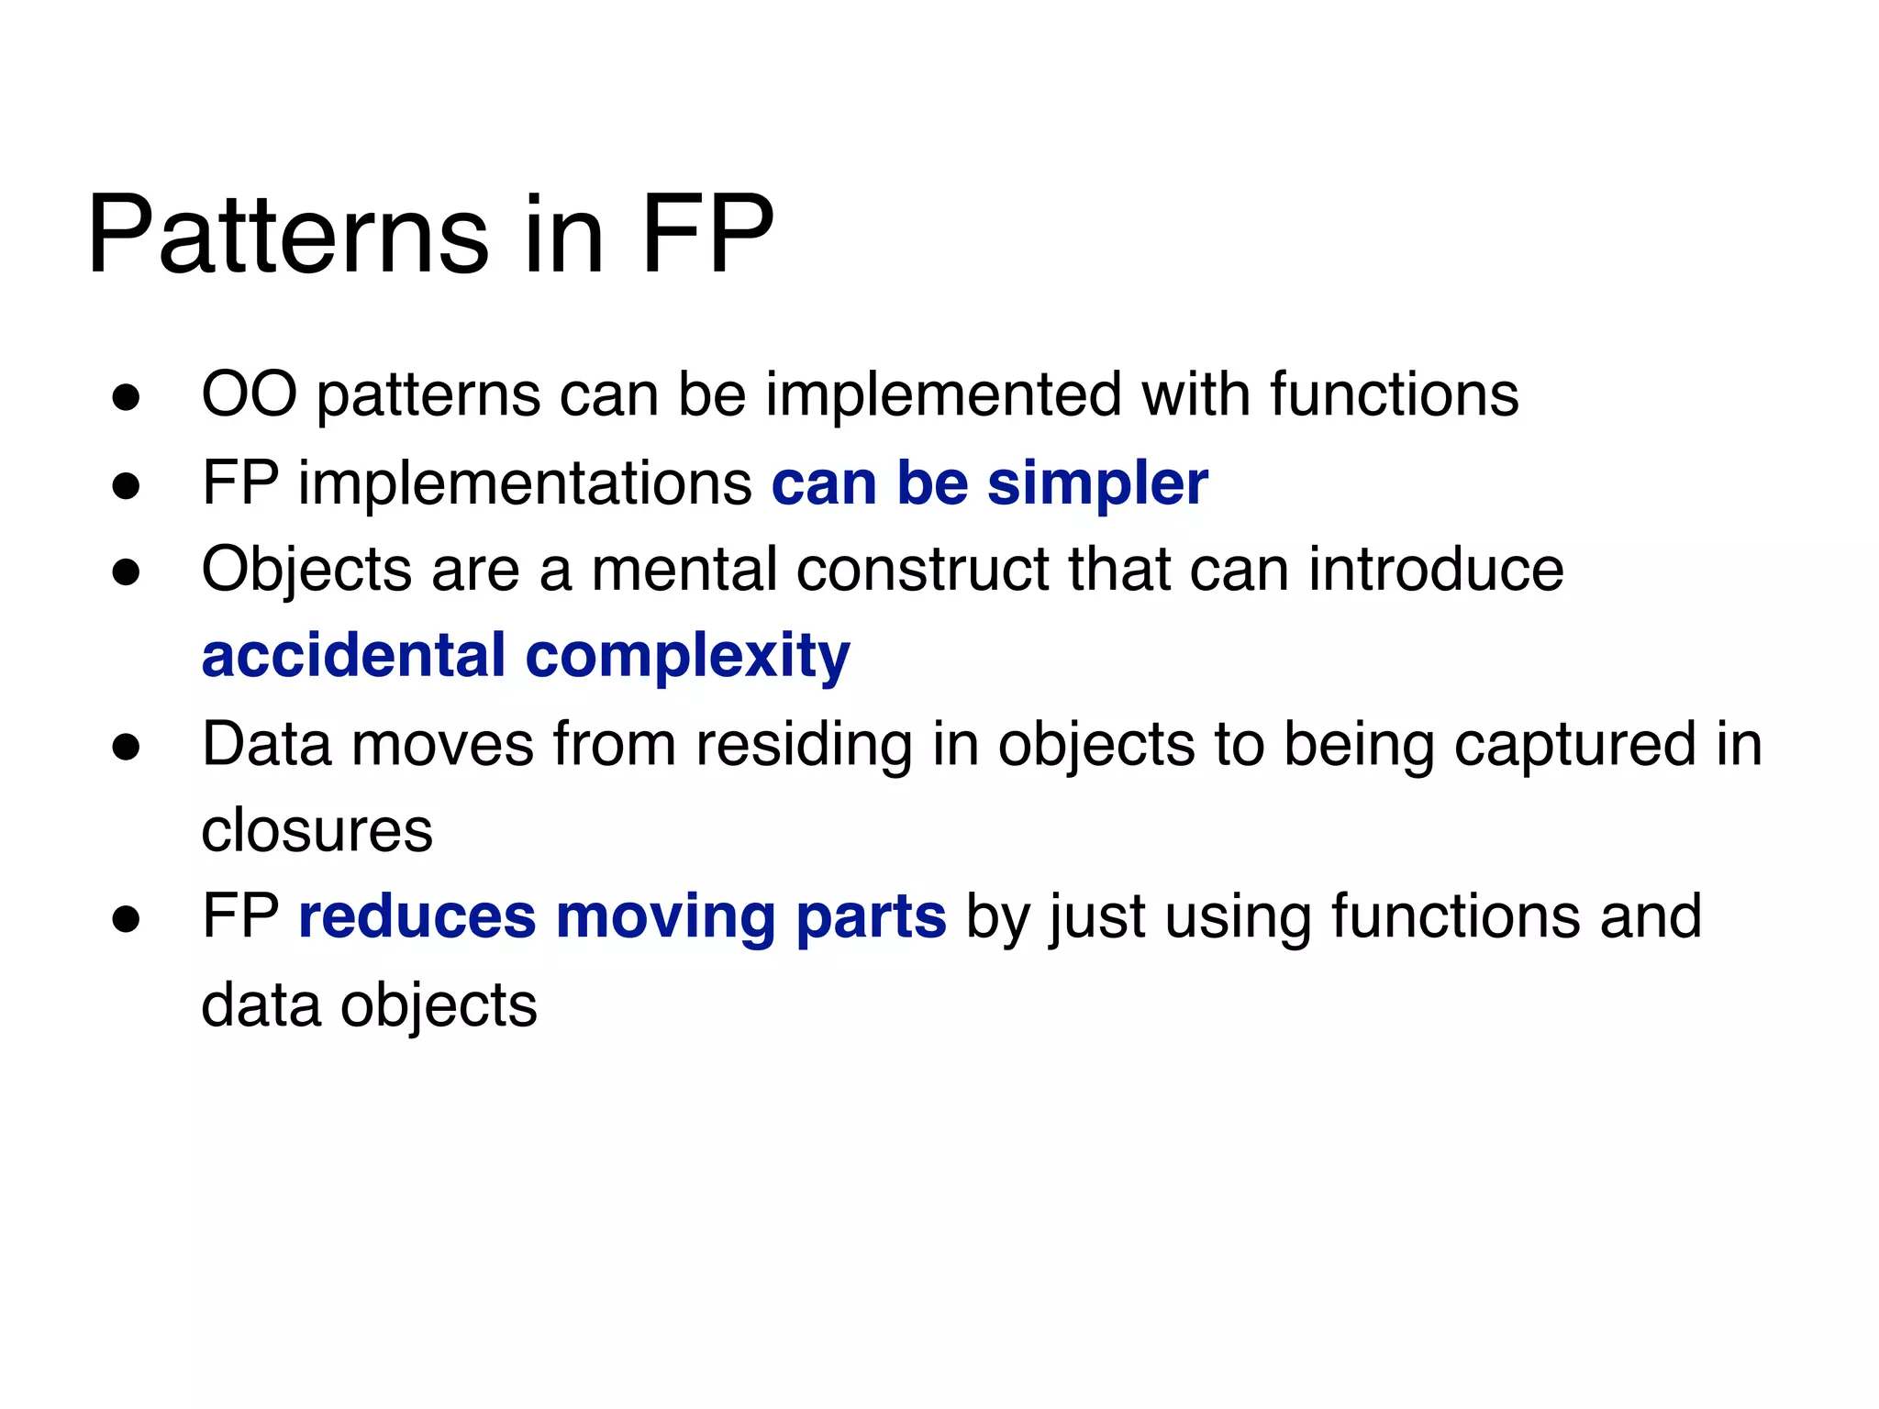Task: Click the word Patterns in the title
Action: [287, 235]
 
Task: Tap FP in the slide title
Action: [707, 235]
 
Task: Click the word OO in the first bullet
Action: [249, 394]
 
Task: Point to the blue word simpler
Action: [1097, 484]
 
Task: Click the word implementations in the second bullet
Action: [524, 483]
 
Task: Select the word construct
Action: [922, 569]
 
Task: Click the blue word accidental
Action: [353, 655]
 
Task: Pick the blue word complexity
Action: [687, 657]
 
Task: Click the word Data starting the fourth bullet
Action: [266, 743]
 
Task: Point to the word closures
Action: [317, 830]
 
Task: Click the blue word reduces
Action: [417, 916]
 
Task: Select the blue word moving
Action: [665, 918]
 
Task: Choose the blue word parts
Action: [871, 918]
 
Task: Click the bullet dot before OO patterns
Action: [126, 398]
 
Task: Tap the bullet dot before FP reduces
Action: [126, 919]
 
